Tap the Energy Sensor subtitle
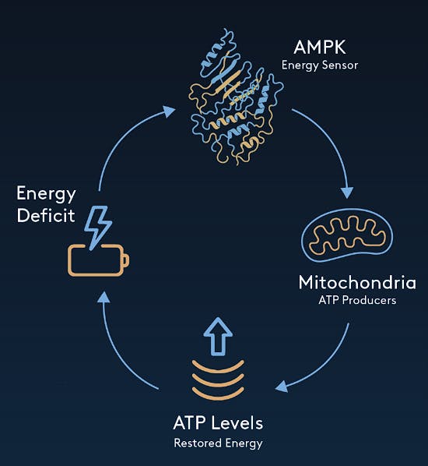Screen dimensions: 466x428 (x=319, y=65)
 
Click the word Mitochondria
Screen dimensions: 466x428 (x=357, y=281)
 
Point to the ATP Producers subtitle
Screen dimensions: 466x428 (x=357, y=300)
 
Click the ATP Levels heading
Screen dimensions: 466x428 (x=218, y=423)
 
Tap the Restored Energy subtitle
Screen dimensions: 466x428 (x=218, y=443)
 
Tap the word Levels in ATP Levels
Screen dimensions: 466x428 (x=236, y=423)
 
